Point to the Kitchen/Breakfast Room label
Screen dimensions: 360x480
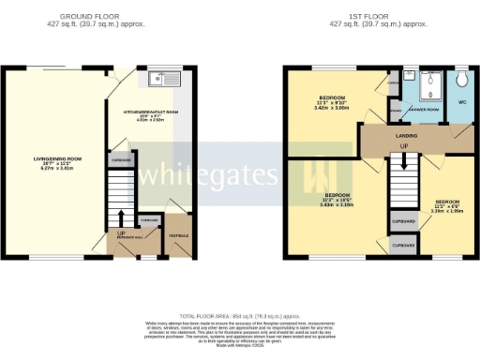tap(150, 112)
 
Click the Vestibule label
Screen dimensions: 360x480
tap(175, 222)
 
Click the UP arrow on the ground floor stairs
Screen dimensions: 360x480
tap(121, 232)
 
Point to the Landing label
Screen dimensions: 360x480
tap(405, 137)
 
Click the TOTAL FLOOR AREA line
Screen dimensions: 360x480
tap(240, 318)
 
